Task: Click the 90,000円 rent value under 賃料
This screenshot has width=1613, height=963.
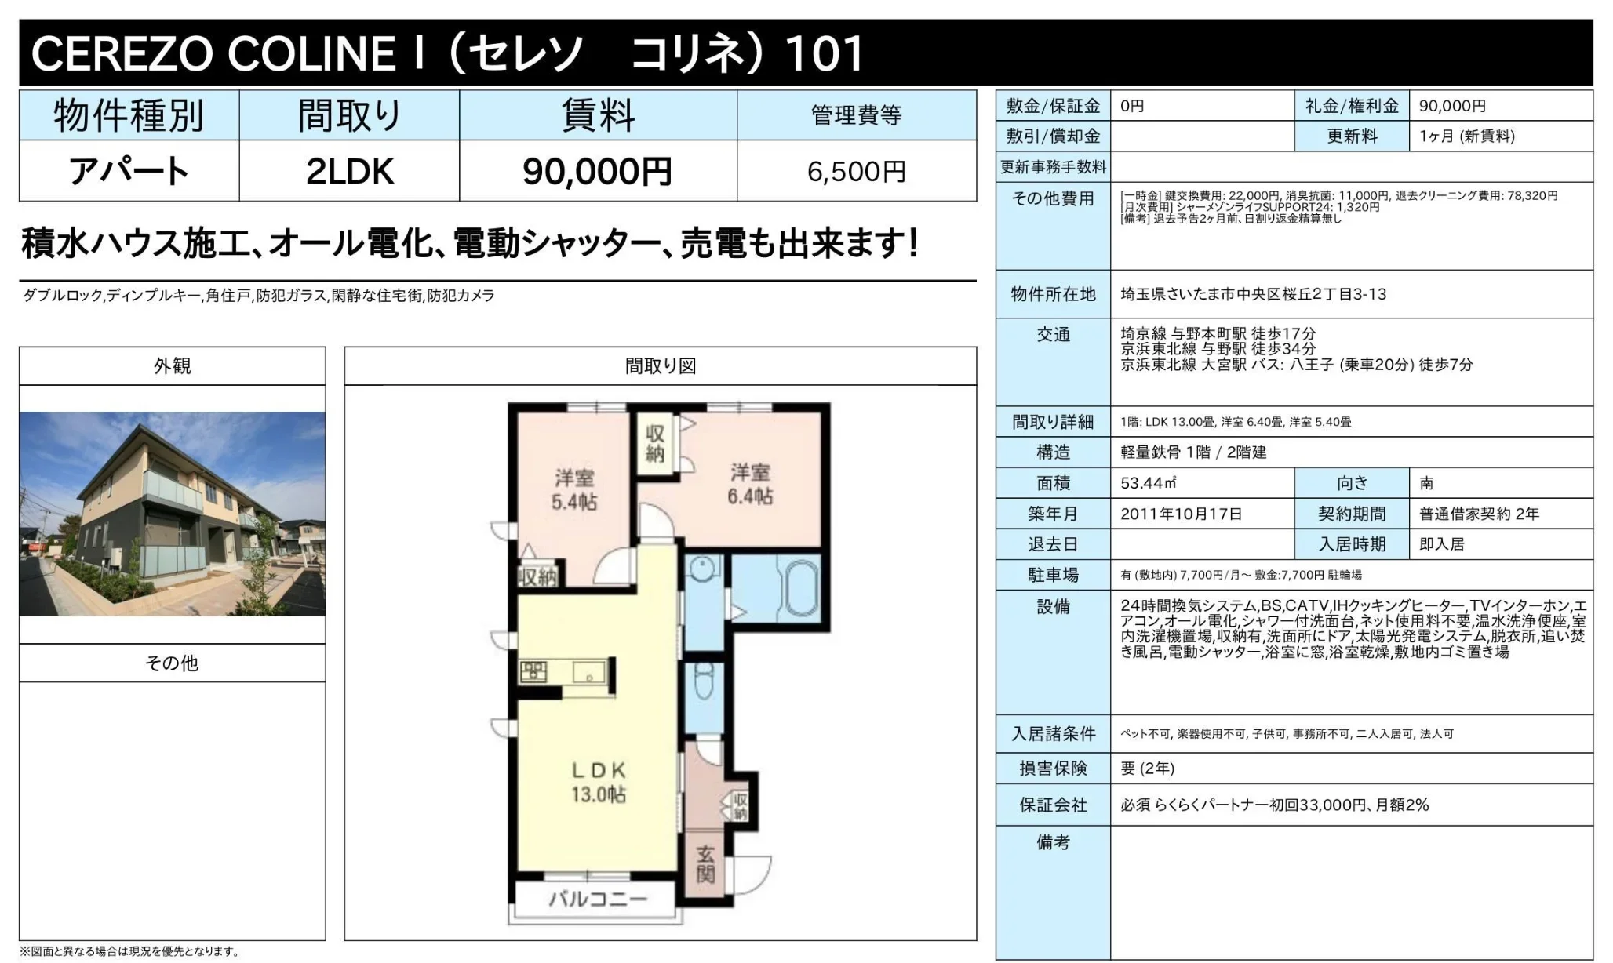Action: [x=597, y=171]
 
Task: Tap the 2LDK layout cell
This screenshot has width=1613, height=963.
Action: [x=350, y=171]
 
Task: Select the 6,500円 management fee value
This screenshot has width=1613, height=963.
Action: [x=857, y=171]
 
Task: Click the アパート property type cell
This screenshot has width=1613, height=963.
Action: [x=129, y=171]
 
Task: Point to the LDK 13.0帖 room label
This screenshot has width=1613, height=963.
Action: [x=599, y=782]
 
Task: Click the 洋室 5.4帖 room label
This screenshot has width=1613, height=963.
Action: [x=574, y=489]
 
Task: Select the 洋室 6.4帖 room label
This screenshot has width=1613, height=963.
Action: [x=750, y=484]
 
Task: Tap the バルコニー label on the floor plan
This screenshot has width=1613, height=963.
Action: [x=598, y=899]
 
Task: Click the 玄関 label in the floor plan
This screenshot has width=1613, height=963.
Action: [x=705, y=864]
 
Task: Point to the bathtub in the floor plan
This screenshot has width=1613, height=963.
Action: [x=799, y=586]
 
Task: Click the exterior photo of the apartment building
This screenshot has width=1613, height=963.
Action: [x=172, y=514]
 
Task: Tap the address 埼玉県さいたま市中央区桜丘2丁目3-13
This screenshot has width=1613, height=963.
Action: [x=1254, y=294]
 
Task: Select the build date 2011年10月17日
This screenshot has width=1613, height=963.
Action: [x=1182, y=514]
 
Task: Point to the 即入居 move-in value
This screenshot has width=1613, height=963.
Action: [x=1442, y=544]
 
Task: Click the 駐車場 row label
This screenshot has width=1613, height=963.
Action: [x=1053, y=575]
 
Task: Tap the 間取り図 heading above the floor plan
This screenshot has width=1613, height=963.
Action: [x=661, y=366]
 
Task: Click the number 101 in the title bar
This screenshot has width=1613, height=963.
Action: [x=824, y=53]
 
